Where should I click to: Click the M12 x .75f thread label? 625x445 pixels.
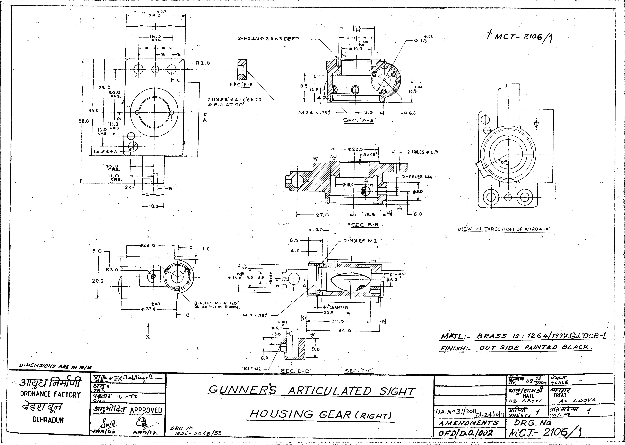255,315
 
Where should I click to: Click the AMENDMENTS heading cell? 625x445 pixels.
468,423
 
